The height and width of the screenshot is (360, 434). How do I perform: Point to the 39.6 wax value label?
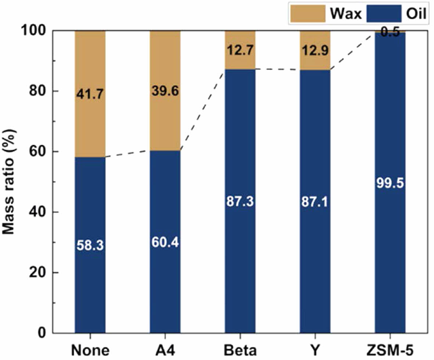[x=165, y=91]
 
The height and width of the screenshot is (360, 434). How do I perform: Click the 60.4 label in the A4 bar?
[x=165, y=243]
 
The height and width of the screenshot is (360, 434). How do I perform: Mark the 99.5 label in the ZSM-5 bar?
[x=390, y=183]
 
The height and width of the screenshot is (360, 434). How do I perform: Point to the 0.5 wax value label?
[x=390, y=32]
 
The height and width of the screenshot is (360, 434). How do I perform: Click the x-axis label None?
[x=90, y=349]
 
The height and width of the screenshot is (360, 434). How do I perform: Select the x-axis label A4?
[x=165, y=349]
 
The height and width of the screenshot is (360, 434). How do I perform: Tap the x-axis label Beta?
[x=240, y=349]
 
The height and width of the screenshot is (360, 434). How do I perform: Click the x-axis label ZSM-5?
[x=390, y=349]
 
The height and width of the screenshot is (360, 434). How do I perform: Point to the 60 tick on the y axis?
[x=39, y=152]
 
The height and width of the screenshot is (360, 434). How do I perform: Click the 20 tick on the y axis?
[x=39, y=272]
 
